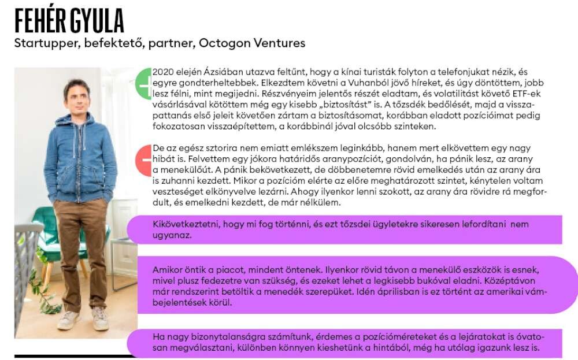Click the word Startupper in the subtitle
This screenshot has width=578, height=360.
(43, 43)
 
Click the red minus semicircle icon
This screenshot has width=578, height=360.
(144, 161)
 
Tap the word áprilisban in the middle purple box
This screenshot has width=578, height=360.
(412, 292)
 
